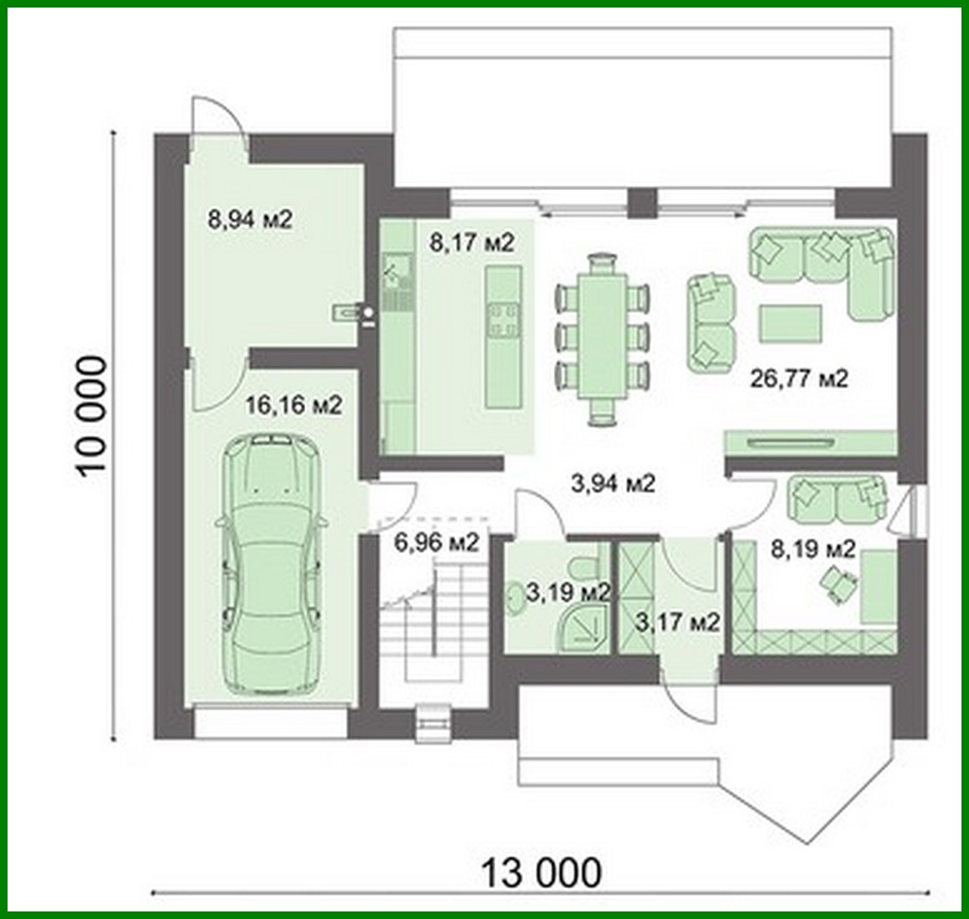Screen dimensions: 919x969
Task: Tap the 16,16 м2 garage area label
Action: coord(294,406)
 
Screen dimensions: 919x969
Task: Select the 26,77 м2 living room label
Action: coord(799,379)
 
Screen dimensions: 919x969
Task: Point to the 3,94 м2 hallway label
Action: coord(613,483)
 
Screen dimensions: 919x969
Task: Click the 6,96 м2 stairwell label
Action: coord(436,542)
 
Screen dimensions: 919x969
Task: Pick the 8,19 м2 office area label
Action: coord(812,549)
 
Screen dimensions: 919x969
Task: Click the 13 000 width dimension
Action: coord(541,872)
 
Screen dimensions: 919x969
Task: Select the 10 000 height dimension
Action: coord(91,416)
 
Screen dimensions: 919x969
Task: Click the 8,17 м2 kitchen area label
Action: coord(471,243)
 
